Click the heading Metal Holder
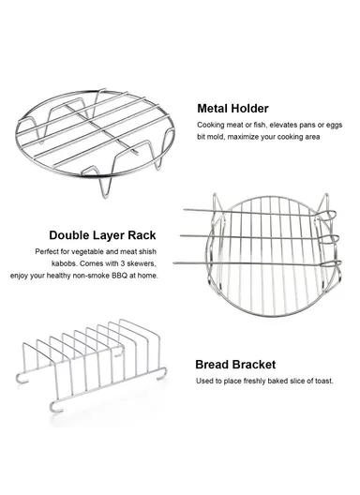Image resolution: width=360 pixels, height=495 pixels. pos(232,109)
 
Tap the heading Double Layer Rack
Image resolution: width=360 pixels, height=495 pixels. pos(102,235)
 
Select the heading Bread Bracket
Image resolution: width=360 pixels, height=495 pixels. pos(235,365)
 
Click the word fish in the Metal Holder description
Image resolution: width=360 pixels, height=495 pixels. pos(259,125)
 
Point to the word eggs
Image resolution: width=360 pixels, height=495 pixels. pos(334,126)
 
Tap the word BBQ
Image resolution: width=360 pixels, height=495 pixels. pos(119,276)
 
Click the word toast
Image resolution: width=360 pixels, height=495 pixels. pos(324,381)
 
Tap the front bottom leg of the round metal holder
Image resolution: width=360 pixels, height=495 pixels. pos(106,187)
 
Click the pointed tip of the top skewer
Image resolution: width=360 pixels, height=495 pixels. pos(185,210)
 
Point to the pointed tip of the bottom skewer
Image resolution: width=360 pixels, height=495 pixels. pos(174,262)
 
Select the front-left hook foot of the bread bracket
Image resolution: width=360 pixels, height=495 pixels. pos(55,408)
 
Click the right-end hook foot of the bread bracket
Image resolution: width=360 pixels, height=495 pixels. pos(161,374)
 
